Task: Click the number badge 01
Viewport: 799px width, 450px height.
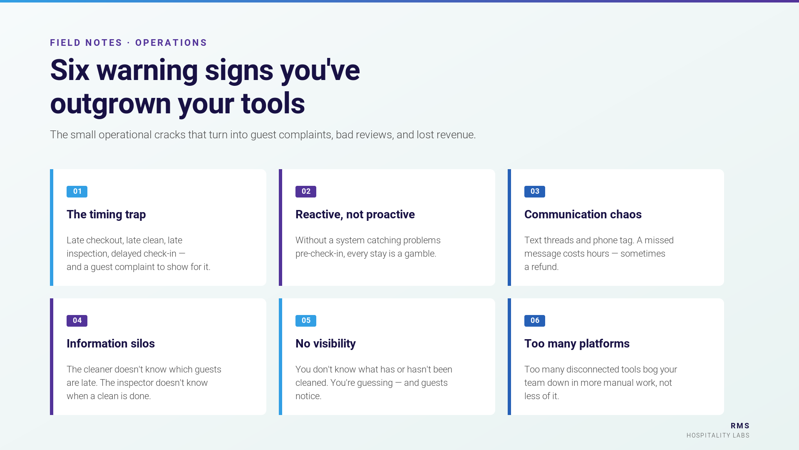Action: point(77,192)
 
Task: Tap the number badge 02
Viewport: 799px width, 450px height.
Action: point(306,192)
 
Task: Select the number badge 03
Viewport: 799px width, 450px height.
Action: point(535,192)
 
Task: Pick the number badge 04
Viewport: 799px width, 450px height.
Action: point(77,321)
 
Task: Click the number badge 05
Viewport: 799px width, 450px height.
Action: point(306,321)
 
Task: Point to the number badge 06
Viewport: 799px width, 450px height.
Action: point(535,321)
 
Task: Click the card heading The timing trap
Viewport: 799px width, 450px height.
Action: point(106,215)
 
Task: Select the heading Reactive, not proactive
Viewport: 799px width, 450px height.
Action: point(355,215)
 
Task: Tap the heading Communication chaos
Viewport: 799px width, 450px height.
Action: point(583,215)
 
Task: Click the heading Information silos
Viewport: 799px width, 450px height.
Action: point(111,344)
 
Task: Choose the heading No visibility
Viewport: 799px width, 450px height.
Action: point(325,344)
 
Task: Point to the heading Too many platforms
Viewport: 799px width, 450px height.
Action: point(577,344)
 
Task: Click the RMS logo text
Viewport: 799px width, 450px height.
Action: point(740,426)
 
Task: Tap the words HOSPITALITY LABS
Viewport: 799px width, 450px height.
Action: point(718,435)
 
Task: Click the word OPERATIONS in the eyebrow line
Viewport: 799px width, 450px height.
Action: point(171,43)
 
